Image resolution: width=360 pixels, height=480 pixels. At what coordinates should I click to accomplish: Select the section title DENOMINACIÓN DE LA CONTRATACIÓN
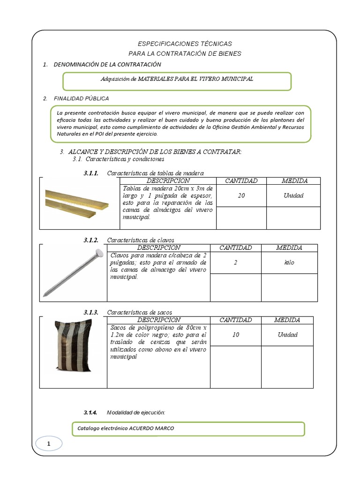[x=107, y=64]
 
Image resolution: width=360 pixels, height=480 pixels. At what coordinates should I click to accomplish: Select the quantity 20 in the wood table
[x=241, y=195]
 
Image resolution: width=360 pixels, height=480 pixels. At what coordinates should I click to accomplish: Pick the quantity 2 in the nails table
[x=235, y=263]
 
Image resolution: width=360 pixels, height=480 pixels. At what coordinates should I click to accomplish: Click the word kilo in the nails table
[x=289, y=263]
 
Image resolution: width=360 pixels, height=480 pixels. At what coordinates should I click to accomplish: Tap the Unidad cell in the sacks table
[x=287, y=335]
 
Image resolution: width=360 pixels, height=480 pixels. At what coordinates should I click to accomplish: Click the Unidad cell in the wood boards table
[x=293, y=195]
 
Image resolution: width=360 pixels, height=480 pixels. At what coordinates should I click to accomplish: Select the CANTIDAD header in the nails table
[x=235, y=248]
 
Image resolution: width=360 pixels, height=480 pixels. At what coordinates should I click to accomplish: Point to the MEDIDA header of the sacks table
[x=287, y=320]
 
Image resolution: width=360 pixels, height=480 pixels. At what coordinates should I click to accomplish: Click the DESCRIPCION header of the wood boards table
[x=168, y=181]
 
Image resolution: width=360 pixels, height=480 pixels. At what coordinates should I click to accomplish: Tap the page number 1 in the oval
[x=48, y=443]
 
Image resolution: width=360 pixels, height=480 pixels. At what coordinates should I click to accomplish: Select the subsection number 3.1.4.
[x=90, y=412]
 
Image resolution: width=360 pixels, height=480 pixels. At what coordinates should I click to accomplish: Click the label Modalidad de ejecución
[x=136, y=412]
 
